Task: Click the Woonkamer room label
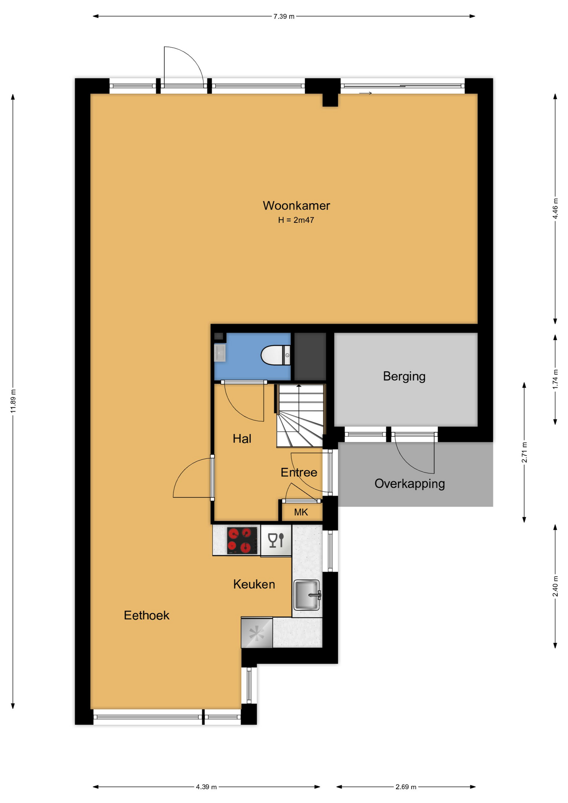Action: [x=296, y=205]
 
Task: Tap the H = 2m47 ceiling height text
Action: [x=296, y=220]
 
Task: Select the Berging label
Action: [x=404, y=376]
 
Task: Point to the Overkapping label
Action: [x=409, y=484]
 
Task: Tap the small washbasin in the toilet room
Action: [x=220, y=353]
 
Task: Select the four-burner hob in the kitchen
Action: [x=242, y=540]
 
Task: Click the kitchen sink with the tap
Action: [x=307, y=595]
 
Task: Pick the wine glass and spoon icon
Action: [x=276, y=540]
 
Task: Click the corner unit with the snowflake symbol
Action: [x=257, y=633]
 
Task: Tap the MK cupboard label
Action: [x=301, y=512]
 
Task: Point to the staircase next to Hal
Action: [x=300, y=416]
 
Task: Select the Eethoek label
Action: [x=146, y=615]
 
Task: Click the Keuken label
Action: [x=254, y=584]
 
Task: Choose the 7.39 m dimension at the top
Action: [x=284, y=16]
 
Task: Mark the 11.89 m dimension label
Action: [x=13, y=401]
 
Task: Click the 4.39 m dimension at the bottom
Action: [x=206, y=787]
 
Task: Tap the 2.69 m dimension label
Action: [x=406, y=787]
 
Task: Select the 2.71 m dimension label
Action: [x=524, y=453]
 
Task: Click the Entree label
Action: [x=299, y=473]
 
